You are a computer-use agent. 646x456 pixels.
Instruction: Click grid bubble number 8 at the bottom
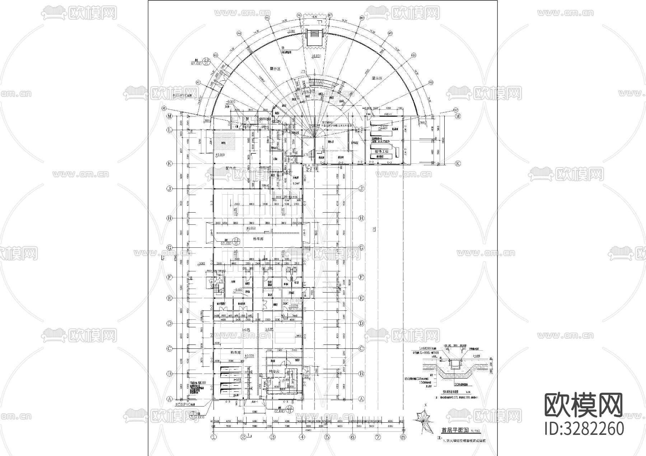(x=403, y=437)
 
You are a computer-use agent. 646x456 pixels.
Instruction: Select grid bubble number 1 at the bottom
(x=214, y=437)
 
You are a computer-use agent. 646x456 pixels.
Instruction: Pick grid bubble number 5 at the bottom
(x=327, y=437)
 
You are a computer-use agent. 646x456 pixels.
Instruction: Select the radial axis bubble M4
(x=239, y=33)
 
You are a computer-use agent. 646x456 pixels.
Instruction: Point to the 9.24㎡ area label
(x=296, y=184)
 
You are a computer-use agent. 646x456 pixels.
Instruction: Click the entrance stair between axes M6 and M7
(x=315, y=36)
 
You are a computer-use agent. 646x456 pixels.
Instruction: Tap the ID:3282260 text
(x=584, y=429)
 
